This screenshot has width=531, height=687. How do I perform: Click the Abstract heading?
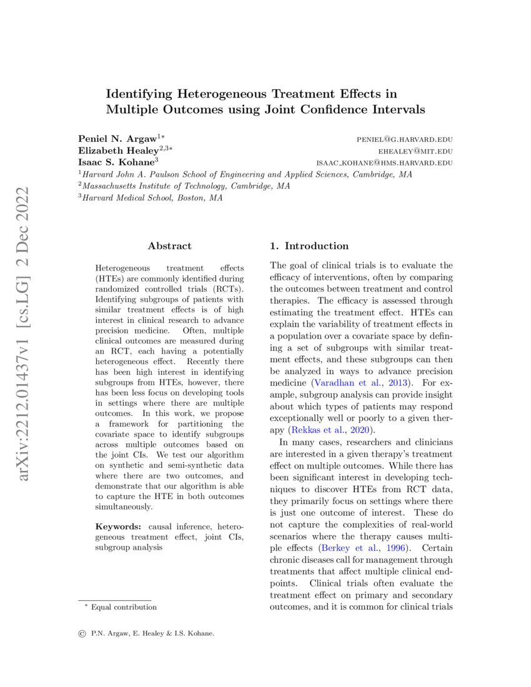click(169, 246)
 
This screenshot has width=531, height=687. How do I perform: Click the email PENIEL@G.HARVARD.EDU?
click(404, 139)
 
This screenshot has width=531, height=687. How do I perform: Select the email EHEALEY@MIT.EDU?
click(415, 151)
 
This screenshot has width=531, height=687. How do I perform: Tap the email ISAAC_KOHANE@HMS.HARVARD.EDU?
click(384, 163)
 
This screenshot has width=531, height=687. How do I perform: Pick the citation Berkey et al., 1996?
click(357, 548)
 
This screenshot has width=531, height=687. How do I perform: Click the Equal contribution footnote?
click(124, 607)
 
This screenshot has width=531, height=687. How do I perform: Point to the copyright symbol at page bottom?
click(82, 633)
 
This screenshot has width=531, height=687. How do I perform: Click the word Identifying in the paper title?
click(139, 94)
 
